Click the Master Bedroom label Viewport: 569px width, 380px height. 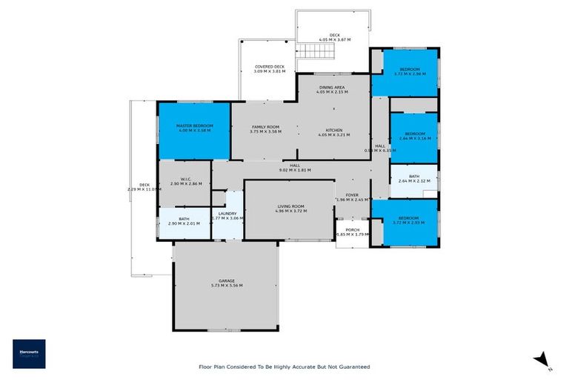(x=194, y=126)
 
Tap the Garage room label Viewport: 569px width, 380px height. (x=227, y=281)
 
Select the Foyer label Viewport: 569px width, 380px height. (x=351, y=195)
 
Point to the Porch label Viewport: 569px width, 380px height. (x=352, y=230)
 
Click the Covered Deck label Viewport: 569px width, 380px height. (x=269, y=67)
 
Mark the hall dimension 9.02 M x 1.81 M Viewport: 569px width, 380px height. (x=294, y=170)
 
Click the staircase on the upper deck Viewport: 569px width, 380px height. (x=316, y=51)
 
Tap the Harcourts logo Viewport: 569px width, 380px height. (x=29, y=354)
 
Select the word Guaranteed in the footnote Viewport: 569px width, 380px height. (x=352, y=367)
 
